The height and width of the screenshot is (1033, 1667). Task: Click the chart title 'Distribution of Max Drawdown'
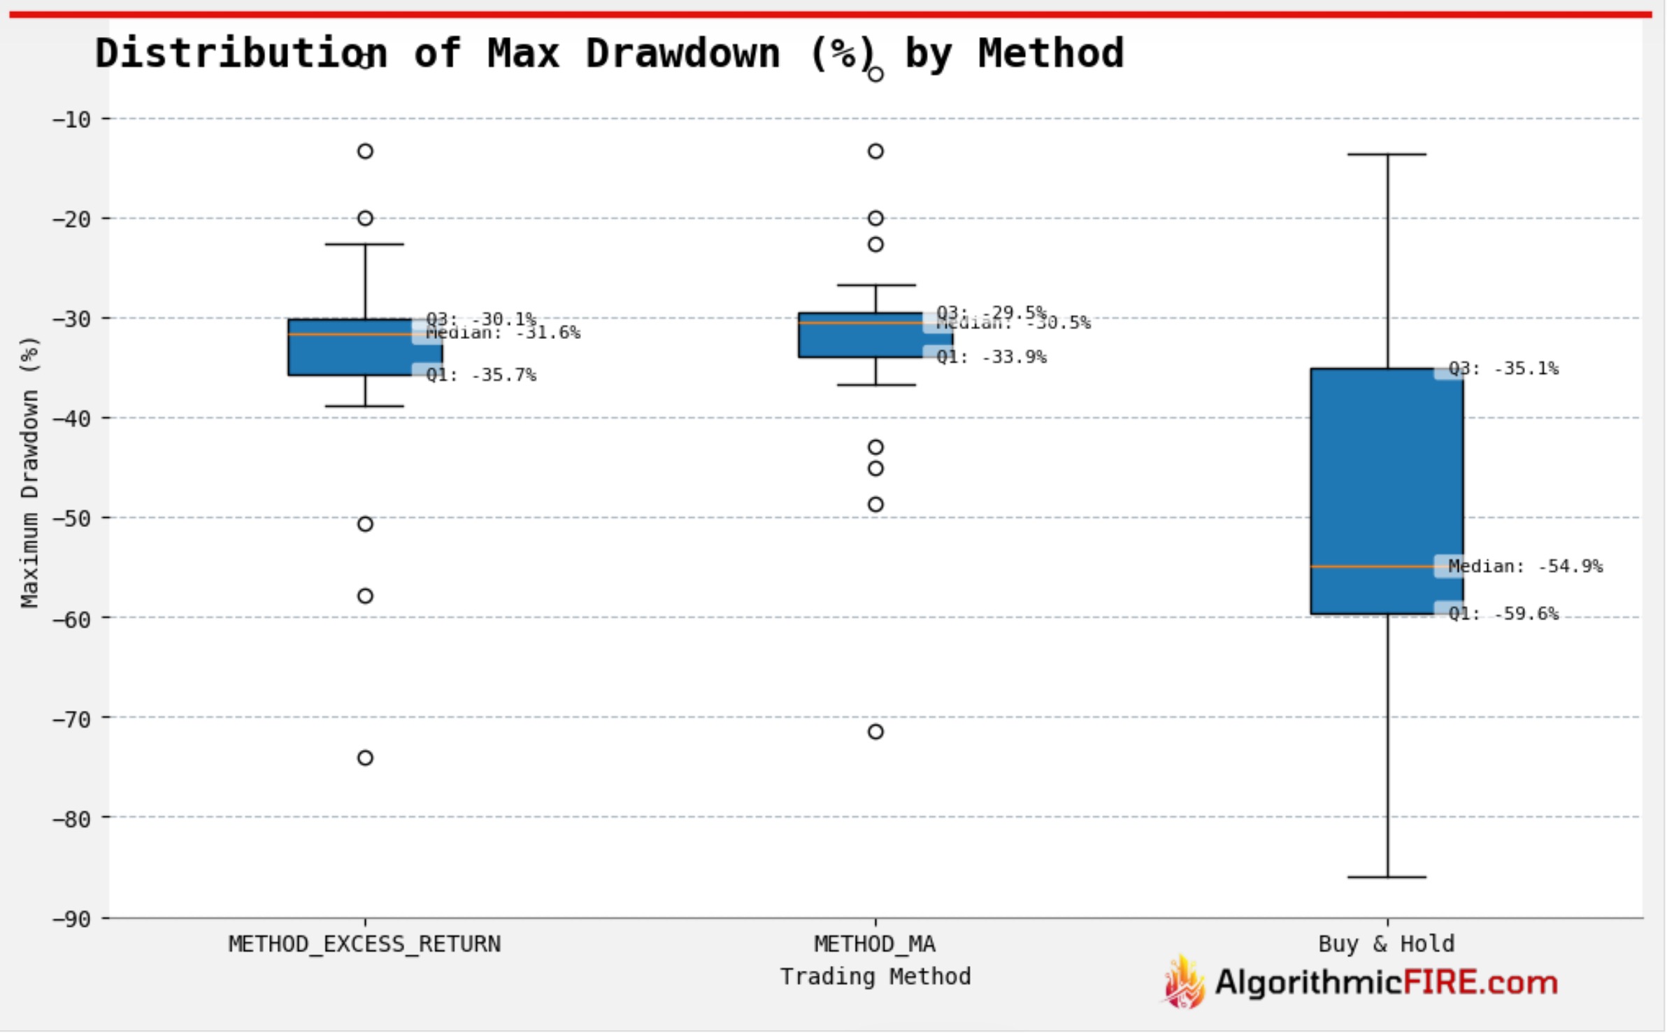(608, 53)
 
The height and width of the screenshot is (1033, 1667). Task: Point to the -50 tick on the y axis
(72, 519)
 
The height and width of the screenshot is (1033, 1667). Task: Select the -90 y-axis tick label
(72, 919)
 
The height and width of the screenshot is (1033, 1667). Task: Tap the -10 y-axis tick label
(72, 120)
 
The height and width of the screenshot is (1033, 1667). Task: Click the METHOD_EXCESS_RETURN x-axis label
(364, 944)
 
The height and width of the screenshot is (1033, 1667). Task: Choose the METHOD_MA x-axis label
(875, 944)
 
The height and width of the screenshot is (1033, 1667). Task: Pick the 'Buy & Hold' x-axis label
(1387, 944)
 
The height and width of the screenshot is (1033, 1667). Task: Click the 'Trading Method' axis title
(875, 976)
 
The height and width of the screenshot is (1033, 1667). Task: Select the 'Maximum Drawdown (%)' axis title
(29, 472)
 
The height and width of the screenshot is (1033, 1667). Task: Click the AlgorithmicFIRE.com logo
(1360, 982)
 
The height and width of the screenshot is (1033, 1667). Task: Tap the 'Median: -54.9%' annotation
(1524, 566)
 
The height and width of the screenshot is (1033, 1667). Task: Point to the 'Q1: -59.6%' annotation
(1503, 614)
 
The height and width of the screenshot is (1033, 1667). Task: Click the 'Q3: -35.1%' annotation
(1503, 368)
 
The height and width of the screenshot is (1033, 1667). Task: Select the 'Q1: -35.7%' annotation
(481, 375)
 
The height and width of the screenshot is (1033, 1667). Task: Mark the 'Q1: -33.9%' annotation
(991, 357)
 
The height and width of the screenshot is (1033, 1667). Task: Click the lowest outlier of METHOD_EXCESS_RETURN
(365, 758)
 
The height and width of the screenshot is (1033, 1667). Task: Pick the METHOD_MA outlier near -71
(875, 732)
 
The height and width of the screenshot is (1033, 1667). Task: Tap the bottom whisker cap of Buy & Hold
(1387, 877)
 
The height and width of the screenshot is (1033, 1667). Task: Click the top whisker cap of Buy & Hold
(1387, 154)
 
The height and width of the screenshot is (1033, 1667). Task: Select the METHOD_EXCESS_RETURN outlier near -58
(365, 596)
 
